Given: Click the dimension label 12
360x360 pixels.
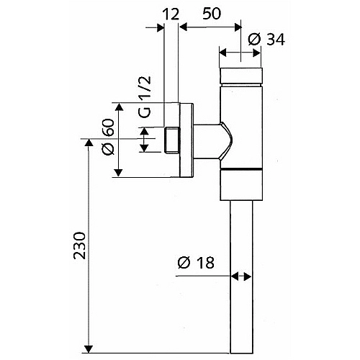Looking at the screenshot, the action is coord(171,14).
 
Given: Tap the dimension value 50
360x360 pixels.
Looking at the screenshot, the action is coord(212,14).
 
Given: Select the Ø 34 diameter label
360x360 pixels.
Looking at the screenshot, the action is coord(266,40).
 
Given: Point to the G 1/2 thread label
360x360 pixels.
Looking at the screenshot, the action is coord(145,96).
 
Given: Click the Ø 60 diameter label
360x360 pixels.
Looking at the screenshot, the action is coord(108,137).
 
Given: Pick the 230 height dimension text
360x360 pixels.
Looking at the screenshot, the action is coord(79,246).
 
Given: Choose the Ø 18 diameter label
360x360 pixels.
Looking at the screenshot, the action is coord(196,263).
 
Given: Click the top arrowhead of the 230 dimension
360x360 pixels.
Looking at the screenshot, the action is coord(89,143).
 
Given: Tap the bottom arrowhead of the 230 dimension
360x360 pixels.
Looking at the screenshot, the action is coord(89,349).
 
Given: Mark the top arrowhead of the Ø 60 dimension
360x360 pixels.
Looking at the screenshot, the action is coord(119,107).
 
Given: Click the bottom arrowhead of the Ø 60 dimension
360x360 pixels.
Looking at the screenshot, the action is coord(118,173).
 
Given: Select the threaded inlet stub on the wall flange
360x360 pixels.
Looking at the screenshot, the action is coord(172,140).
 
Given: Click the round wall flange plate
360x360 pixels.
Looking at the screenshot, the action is coord(186,140).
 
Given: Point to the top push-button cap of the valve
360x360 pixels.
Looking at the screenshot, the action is coord(240,76).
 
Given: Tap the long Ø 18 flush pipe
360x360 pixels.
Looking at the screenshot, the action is coord(241,276).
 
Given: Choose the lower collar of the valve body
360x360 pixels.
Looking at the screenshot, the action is coord(241,185).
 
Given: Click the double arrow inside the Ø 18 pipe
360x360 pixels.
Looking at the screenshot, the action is coord(241,276).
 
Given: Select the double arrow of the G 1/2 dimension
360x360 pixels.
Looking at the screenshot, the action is coord(144,140).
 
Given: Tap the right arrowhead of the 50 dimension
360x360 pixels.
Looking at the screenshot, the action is coord(238,27).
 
